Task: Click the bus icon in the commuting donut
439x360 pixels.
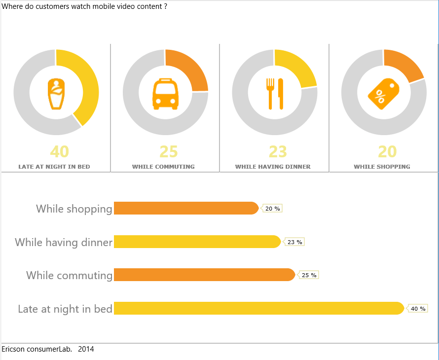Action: [165, 94]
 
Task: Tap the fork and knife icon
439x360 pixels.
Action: [275, 94]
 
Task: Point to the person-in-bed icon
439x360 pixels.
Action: [56, 94]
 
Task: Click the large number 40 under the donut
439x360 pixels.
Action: [60, 151]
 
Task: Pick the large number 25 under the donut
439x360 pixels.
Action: [169, 151]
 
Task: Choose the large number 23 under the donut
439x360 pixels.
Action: [278, 151]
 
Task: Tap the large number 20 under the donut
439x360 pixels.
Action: [387, 151]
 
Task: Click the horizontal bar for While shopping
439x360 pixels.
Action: [185, 208]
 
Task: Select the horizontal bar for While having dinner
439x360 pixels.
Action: [197, 242]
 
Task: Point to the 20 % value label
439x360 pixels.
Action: [272, 209]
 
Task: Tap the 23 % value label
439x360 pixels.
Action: [294, 242]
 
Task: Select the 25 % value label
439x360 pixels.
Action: [309, 275]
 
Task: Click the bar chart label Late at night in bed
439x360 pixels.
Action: [65, 309]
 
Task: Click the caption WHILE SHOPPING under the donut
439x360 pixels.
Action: [382, 167]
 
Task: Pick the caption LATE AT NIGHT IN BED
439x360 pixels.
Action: [54, 167]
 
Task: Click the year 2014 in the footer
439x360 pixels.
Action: [86, 349]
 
